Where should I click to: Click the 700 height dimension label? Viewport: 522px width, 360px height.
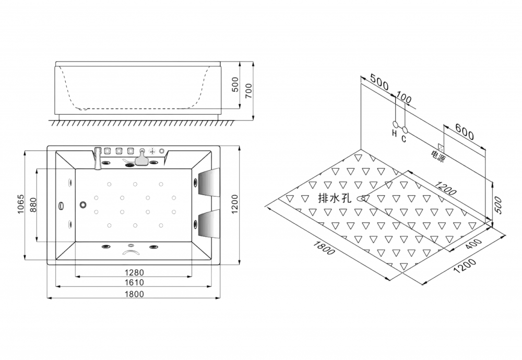[248, 90]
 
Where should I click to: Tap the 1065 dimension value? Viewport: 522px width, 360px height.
[21, 204]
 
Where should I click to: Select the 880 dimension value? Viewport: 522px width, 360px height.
[33, 205]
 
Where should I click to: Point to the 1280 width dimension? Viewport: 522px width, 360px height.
[134, 272]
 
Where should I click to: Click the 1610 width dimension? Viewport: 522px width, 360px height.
[134, 282]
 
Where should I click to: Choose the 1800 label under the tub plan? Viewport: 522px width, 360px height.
[134, 294]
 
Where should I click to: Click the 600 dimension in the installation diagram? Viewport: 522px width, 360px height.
[465, 132]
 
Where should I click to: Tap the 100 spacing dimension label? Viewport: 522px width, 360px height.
[404, 98]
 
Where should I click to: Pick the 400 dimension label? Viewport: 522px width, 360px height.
[473, 245]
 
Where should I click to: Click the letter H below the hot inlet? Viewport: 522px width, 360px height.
[395, 134]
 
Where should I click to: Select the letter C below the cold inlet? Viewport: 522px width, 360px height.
[404, 138]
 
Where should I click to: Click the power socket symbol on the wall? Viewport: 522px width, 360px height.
[441, 148]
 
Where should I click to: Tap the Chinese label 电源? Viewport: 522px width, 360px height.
[437, 156]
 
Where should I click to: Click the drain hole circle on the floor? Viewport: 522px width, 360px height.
[362, 199]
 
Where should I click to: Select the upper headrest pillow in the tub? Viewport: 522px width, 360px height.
[209, 182]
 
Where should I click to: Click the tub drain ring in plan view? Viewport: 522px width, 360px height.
[83, 205]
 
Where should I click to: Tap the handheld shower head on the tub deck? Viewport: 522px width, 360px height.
[142, 158]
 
